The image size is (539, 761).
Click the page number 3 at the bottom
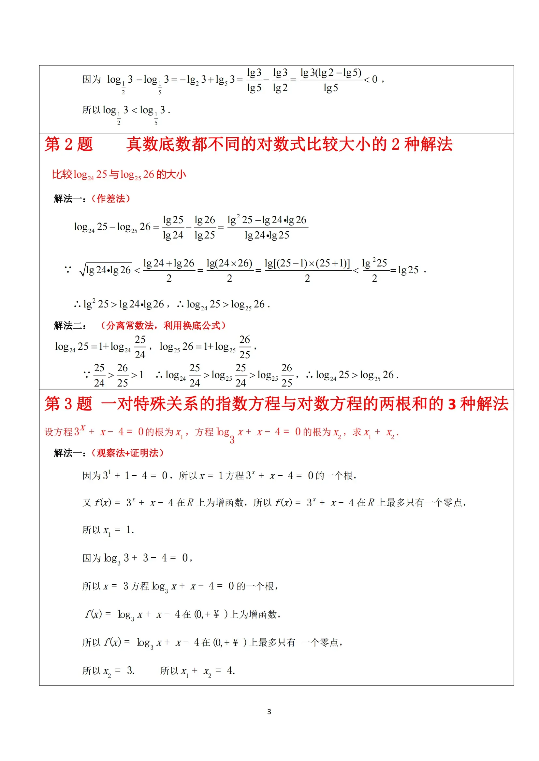click(x=269, y=712)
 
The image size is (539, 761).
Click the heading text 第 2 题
click(x=69, y=144)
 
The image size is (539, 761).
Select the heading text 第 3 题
click(x=68, y=404)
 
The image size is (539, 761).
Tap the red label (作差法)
click(x=111, y=198)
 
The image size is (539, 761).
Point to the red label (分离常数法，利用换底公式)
click(x=163, y=325)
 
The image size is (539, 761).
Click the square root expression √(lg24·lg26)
click(x=106, y=270)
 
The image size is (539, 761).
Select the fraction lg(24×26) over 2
click(x=229, y=270)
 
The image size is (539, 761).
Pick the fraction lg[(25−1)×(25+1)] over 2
click(x=307, y=270)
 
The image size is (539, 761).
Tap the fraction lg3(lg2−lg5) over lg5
click(x=331, y=80)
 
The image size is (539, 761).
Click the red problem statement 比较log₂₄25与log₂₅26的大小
click(x=119, y=174)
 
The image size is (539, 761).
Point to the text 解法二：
click(x=70, y=326)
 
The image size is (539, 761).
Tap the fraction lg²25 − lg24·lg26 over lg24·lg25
click(x=267, y=227)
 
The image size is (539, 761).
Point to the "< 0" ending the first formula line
click(x=371, y=79)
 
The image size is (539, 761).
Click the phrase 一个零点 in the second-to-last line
click(x=320, y=643)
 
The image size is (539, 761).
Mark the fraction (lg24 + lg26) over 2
click(x=169, y=270)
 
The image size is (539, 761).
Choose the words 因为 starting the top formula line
click(x=92, y=79)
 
